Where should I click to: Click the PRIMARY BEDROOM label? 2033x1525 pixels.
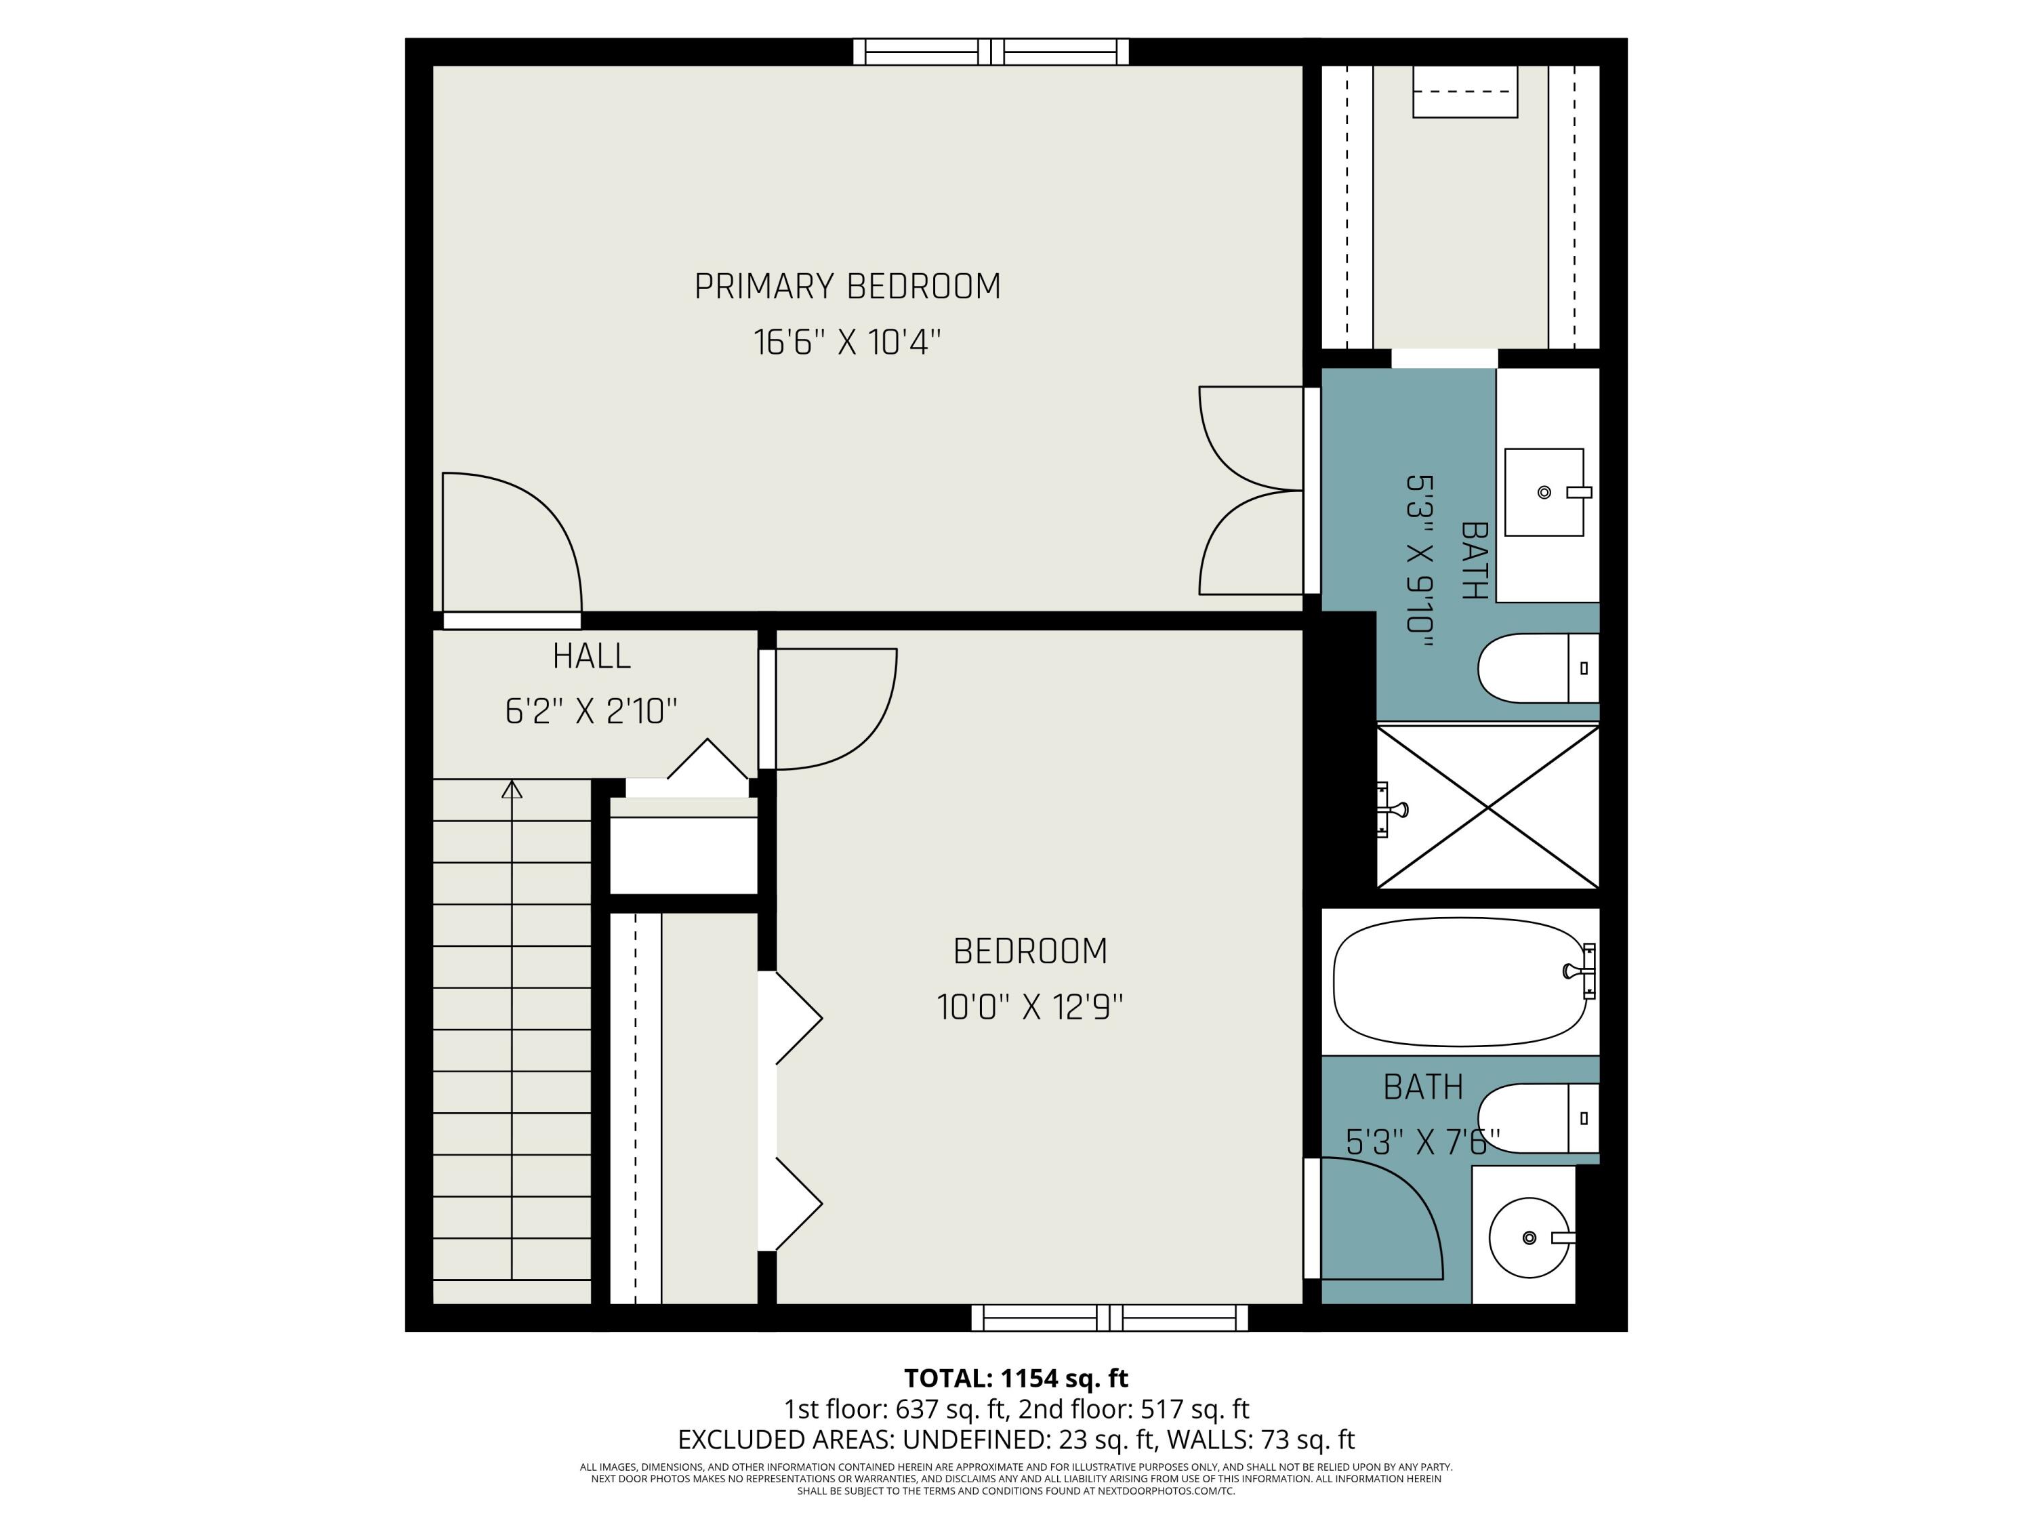pos(846,287)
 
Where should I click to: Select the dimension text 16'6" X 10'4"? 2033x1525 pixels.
pos(846,343)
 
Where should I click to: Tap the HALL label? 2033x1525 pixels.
pos(591,656)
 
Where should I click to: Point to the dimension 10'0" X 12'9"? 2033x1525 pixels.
pos(1029,1007)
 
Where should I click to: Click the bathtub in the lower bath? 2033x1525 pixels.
pos(1460,981)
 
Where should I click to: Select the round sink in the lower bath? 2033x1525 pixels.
pos(1528,1237)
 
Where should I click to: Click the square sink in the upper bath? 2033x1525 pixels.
pos(1544,492)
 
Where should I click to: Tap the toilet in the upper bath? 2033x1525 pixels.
pos(1535,668)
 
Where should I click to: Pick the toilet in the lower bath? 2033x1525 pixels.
pos(1535,1118)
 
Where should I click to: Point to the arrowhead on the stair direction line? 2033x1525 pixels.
pos(512,789)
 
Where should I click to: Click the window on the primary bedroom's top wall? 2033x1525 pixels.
pos(990,52)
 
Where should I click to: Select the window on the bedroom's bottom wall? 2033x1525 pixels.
pos(1109,1317)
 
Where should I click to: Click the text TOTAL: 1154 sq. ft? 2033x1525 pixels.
pos(1016,1378)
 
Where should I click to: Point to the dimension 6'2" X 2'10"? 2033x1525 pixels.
pos(591,712)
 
